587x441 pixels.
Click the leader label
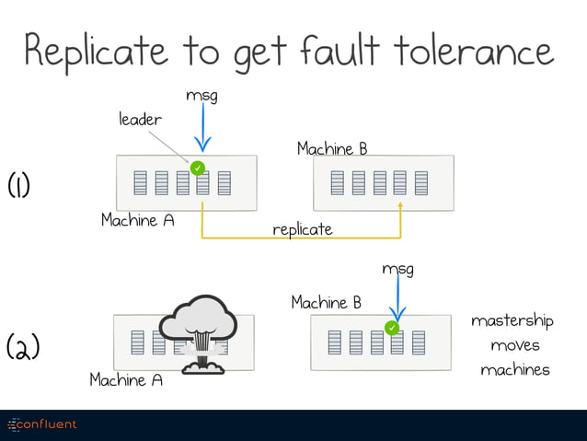click(140, 120)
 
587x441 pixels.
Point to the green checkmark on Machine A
click(197, 168)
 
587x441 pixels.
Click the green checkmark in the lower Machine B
click(392, 328)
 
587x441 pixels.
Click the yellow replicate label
click(302, 229)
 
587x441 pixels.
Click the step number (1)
click(19, 185)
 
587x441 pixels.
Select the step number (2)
click(22, 348)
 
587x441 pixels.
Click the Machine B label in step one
click(332, 148)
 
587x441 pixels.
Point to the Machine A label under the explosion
click(126, 379)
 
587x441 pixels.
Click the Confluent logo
click(43, 424)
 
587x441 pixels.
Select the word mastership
click(512, 320)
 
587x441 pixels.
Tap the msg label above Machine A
click(201, 95)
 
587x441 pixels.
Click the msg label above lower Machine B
click(397, 269)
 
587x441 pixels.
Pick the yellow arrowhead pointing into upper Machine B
click(400, 208)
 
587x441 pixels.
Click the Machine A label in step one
click(138, 221)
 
